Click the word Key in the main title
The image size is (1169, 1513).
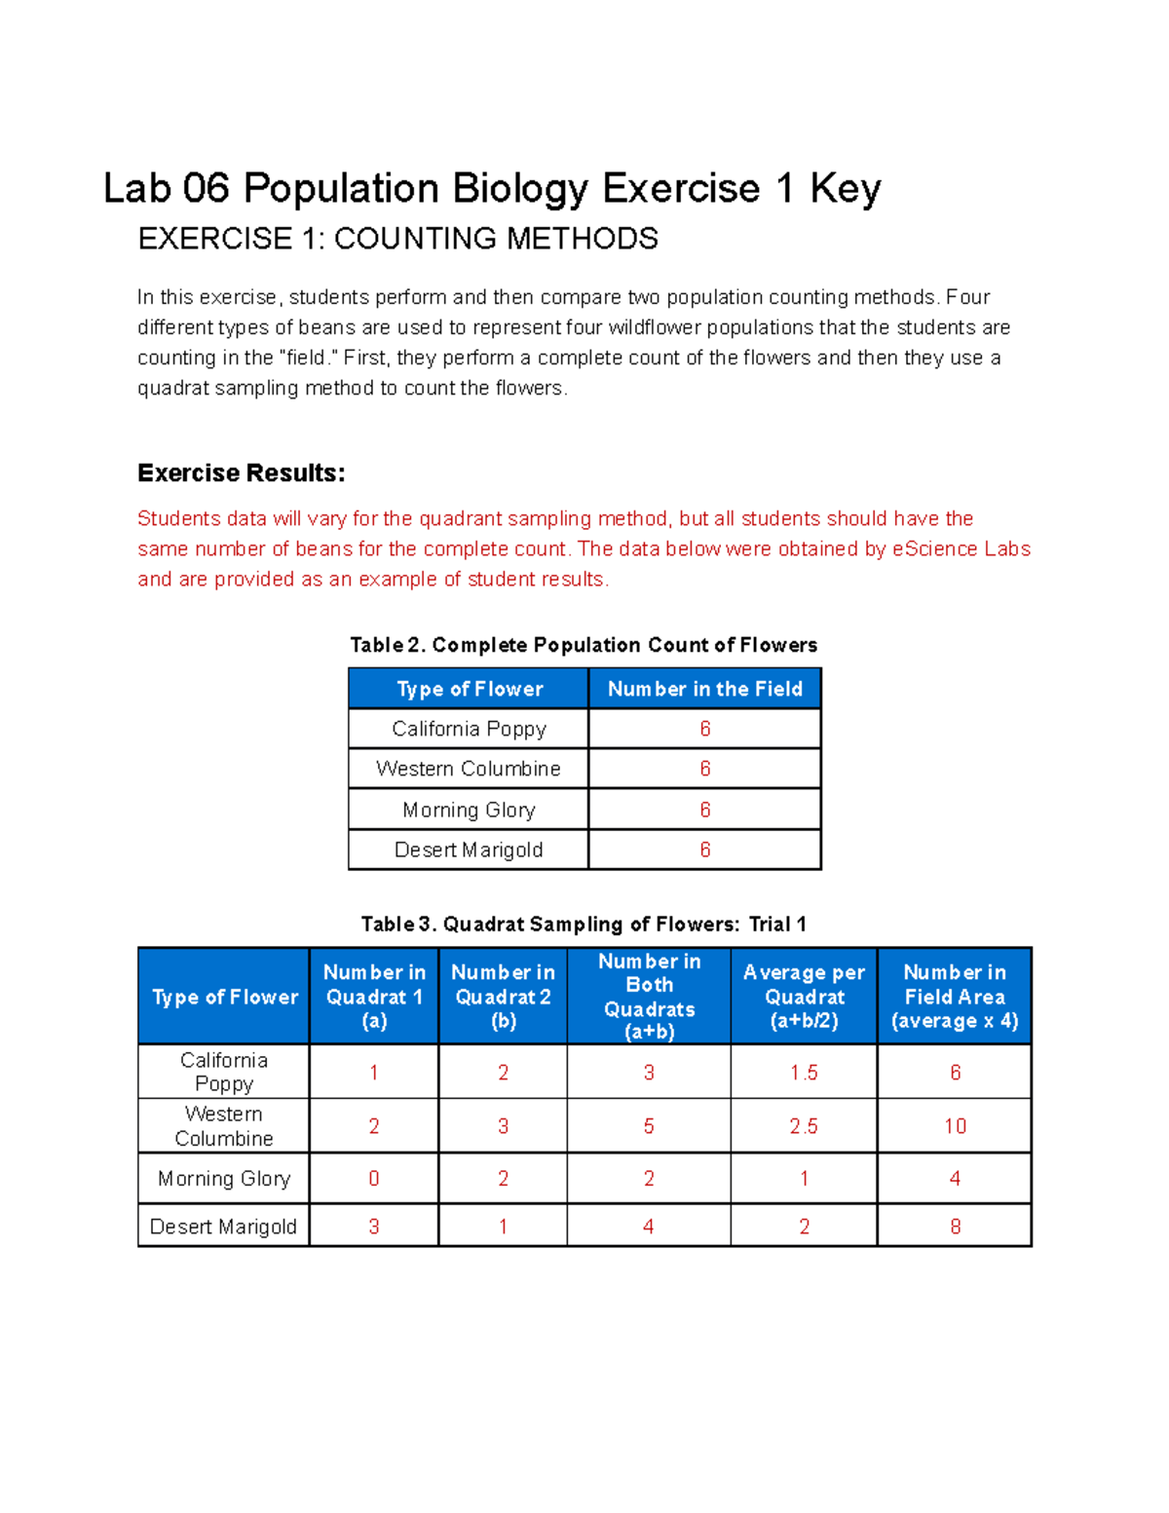pyautogui.click(x=845, y=189)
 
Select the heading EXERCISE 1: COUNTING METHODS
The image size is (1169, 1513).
pyautogui.click(x=397, y=239)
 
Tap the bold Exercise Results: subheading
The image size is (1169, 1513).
pyautogui.click(x=242, y=473)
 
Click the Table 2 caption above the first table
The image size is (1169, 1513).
pyautogui.click(x=584, y=645)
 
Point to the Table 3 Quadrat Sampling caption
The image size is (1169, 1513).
pyautogui.click(x=584, y=924)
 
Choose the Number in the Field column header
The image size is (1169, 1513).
pyautogui.click(x=704, y=689)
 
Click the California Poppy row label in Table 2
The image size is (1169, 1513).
pyautogui.click(x=469, y=729)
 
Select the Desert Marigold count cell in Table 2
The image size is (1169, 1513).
pyautogui.click(x=704, y=850)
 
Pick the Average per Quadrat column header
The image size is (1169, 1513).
pyautogui.click(x=804, y=996)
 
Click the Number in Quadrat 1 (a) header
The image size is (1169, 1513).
pyautogui.click(x=374, y=996)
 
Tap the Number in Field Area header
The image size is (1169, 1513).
pyautogui.click(x=954, y=996)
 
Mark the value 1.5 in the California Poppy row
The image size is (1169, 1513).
pyautogui.click(x=804, y=1073)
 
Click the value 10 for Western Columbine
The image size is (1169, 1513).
pyautogui.click(x=955, y=1126)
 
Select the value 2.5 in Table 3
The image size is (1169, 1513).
pyautogui.click(x=804, y=1126)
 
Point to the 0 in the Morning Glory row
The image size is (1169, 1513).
pyautogui.click(x=374, y=1179)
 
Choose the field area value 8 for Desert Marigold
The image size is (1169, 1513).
pyautogui.click(x=955, y=1227)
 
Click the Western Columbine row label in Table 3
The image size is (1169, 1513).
pyautogui.click(x=224, y=1126)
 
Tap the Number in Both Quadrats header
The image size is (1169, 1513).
pyautogui.click(x=649, y=996)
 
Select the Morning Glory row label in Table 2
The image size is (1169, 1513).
pyautogui.click(x=469, y=810)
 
